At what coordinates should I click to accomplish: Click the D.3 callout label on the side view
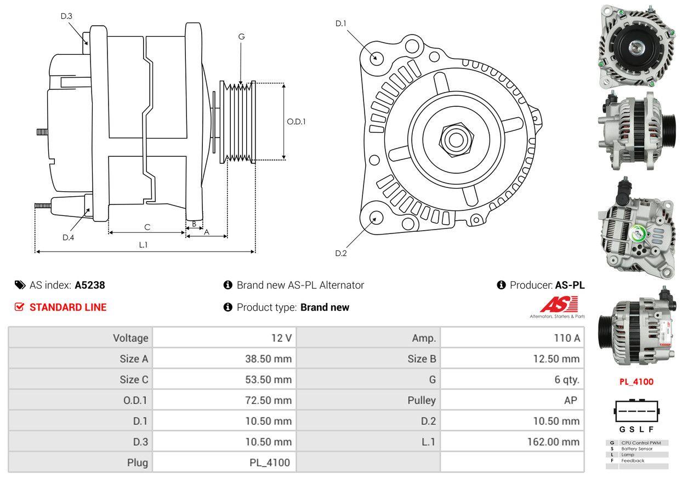(x=66, y=16)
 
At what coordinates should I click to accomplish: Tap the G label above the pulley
(x=241, y=37)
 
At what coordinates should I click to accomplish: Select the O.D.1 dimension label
(x=297, y=122)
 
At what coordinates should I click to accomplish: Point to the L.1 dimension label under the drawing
(x=143, y=245)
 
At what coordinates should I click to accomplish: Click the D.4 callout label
(x=68, y=237)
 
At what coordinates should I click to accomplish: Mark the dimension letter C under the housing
(x=147, y=227)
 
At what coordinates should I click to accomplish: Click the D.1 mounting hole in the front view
(x=376, y=58)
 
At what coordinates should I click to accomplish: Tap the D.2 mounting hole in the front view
(x=376, y=218)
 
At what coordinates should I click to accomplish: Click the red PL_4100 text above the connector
(x=636, y=382)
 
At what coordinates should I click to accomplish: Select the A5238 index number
(x=90, y=285)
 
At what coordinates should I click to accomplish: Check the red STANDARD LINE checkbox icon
(x=19, y=307)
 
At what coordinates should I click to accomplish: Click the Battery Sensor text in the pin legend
(x=636, y=448)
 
